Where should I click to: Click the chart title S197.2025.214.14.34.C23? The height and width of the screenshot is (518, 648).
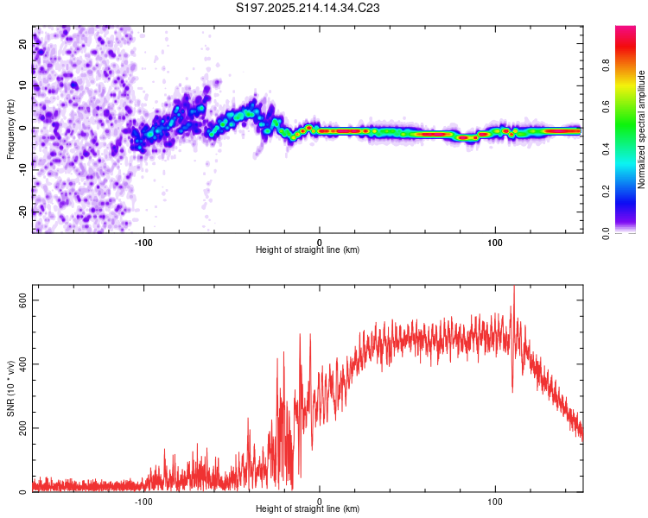click(308, 8)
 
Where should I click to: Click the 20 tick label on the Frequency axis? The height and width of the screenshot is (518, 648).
click(22, 43)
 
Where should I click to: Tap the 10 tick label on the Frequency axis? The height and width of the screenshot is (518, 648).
click(22, 85)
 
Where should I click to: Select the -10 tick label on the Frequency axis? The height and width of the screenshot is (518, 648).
click(22, 169)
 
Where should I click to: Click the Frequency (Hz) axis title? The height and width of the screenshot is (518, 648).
click(10, 129)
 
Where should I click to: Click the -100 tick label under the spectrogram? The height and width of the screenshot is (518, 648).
click(143, 243)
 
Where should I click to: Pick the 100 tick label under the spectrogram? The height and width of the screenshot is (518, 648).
click(495, 243)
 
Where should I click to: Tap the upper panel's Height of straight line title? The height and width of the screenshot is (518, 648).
click(308, 250)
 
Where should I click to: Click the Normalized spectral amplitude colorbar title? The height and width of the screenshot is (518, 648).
click(641, 129)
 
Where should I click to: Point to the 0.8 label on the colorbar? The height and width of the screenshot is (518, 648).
click(606, 66)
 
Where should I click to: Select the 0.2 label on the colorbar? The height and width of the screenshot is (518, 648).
click(606, 192)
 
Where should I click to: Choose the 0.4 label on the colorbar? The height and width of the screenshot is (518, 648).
click(606, 149)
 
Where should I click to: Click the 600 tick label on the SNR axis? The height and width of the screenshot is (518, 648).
click(22, 300)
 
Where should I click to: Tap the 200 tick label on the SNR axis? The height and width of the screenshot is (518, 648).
click(22, 428)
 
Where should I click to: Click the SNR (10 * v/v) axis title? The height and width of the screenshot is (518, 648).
click(10, 388)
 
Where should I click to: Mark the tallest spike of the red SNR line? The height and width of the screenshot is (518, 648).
click(514, 286)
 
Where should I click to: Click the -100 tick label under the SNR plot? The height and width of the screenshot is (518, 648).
click(143, 502)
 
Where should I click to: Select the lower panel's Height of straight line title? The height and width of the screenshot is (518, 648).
click(308, 509)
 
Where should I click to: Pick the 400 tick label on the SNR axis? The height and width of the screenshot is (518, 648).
click(22, 364)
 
